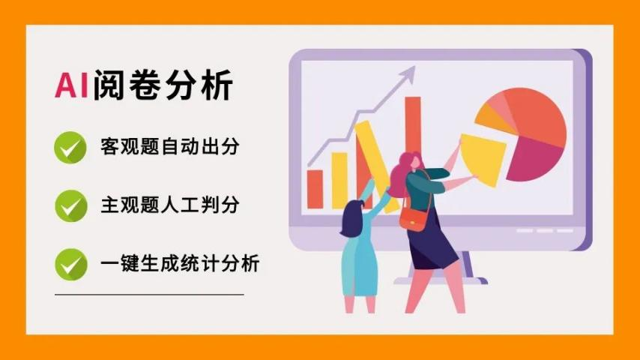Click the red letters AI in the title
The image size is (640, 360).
72,85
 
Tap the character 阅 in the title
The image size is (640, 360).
109,85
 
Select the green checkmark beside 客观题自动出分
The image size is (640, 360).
70,148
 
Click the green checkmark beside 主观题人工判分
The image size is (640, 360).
71,206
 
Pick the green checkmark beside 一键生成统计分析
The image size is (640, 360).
71,265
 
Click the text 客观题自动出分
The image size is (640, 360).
170,147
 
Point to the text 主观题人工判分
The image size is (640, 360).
170,205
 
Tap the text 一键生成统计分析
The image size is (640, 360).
180,263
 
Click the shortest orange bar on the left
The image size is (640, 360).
315,189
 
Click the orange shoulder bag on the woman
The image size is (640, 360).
414,218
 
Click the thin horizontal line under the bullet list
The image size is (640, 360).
149,294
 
